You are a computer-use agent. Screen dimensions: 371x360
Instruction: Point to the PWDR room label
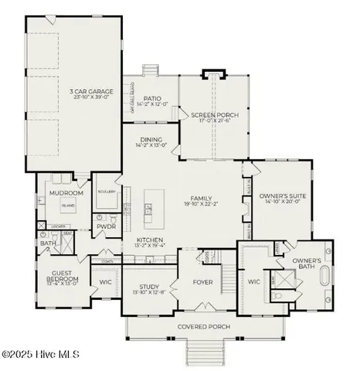pyautogui.click(x=107, y=227)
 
